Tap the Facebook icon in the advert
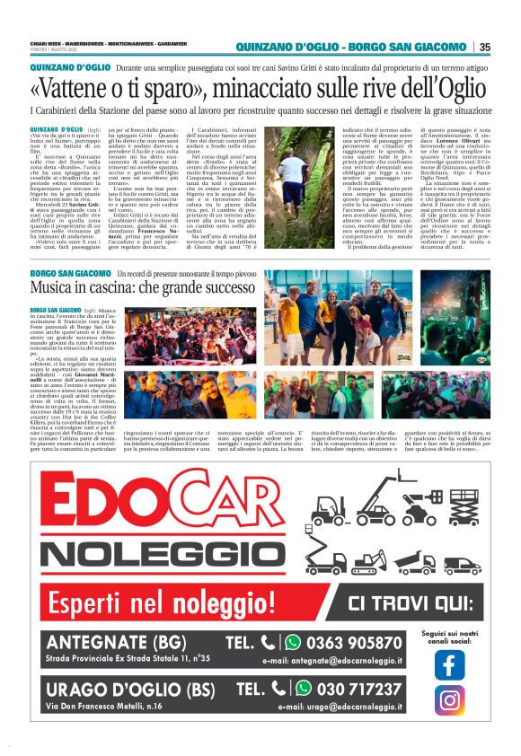449,664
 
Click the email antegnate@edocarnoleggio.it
332,662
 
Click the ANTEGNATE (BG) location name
122,643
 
